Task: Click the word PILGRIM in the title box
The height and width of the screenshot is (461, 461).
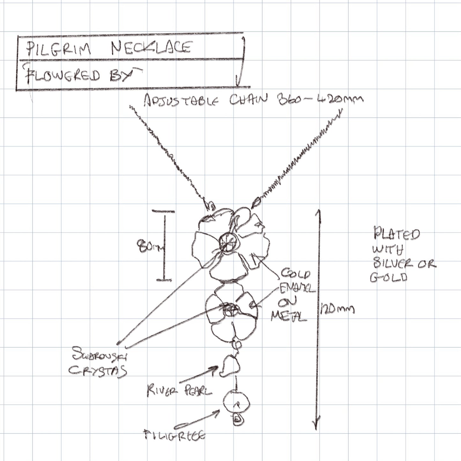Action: (x=59, y=49)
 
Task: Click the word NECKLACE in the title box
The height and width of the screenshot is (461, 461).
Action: (x=151, y=48)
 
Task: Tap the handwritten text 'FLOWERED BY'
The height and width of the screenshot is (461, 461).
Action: (x=81, y=76)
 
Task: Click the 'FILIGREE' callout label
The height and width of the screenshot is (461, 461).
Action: (x=175, y=435)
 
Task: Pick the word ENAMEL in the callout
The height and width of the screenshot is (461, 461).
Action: (x=297, y=289)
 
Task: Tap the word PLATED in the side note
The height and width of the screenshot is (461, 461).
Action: (x=397, y=234)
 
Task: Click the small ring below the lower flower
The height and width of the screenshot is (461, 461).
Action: (x=236, y=344)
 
